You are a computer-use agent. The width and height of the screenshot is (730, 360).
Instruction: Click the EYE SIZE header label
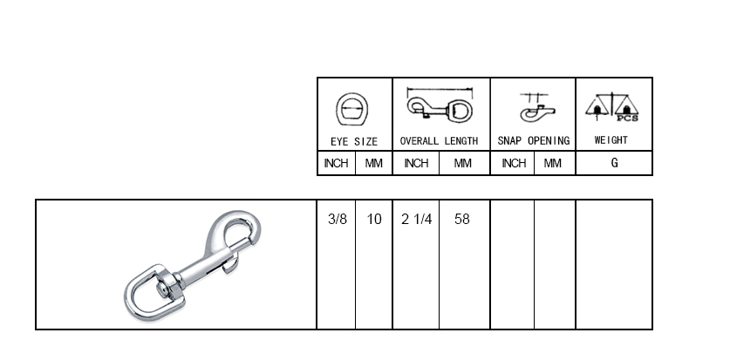[354, 141]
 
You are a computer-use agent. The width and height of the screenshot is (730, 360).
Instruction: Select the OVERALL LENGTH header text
[439, 141]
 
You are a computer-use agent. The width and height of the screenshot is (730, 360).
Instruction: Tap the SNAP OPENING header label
[534, 140]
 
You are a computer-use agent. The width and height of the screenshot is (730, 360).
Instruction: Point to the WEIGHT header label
[611, 140]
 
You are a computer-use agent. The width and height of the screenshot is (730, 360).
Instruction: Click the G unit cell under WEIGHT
[615, 163]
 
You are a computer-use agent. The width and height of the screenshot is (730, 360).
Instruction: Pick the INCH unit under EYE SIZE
[336, 163]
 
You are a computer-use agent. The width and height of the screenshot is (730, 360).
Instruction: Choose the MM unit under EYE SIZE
[374, 163]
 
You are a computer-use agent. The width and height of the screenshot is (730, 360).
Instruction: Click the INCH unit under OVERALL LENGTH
[416, 163]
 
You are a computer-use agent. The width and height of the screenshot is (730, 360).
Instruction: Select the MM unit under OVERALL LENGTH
[463, 163]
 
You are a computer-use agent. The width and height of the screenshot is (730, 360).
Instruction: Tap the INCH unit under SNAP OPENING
[514, 163]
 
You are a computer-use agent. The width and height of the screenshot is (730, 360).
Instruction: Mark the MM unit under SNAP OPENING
[553, 163]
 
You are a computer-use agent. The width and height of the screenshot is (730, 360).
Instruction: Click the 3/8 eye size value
[338, 219]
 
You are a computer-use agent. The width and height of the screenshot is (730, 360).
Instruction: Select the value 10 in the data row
[374, 219]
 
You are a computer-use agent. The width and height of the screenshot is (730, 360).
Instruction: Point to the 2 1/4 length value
[417, 219]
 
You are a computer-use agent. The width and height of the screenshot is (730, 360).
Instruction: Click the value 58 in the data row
[462, 219]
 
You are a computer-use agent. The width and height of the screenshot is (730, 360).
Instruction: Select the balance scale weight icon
[611, 106]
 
